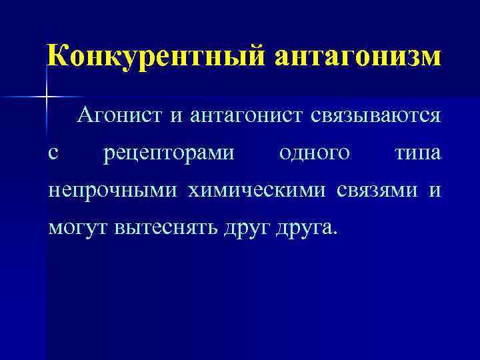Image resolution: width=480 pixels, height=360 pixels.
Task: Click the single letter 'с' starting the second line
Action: pyautogui.click(x=53, y=155)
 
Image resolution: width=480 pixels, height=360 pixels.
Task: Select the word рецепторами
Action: pyautogui.click(x=169, y=154)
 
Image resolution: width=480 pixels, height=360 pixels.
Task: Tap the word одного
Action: pyautogui.click(x=315, y=153)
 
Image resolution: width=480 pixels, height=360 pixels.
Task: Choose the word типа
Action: pyautogui.click(x=417, y=154)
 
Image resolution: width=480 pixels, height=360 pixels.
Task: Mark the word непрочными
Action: pyautogui.click(x=113, y=191)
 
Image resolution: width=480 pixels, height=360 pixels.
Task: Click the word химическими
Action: pyautogui.click(x=257, y=191)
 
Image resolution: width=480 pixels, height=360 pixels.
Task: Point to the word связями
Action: pyautogui.click(x=377, y=191)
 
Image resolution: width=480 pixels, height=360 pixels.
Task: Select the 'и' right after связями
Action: pyautogui.click(x=435, y=192)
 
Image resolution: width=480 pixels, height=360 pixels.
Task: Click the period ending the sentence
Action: pyautogui.click(x=335, y=235)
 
